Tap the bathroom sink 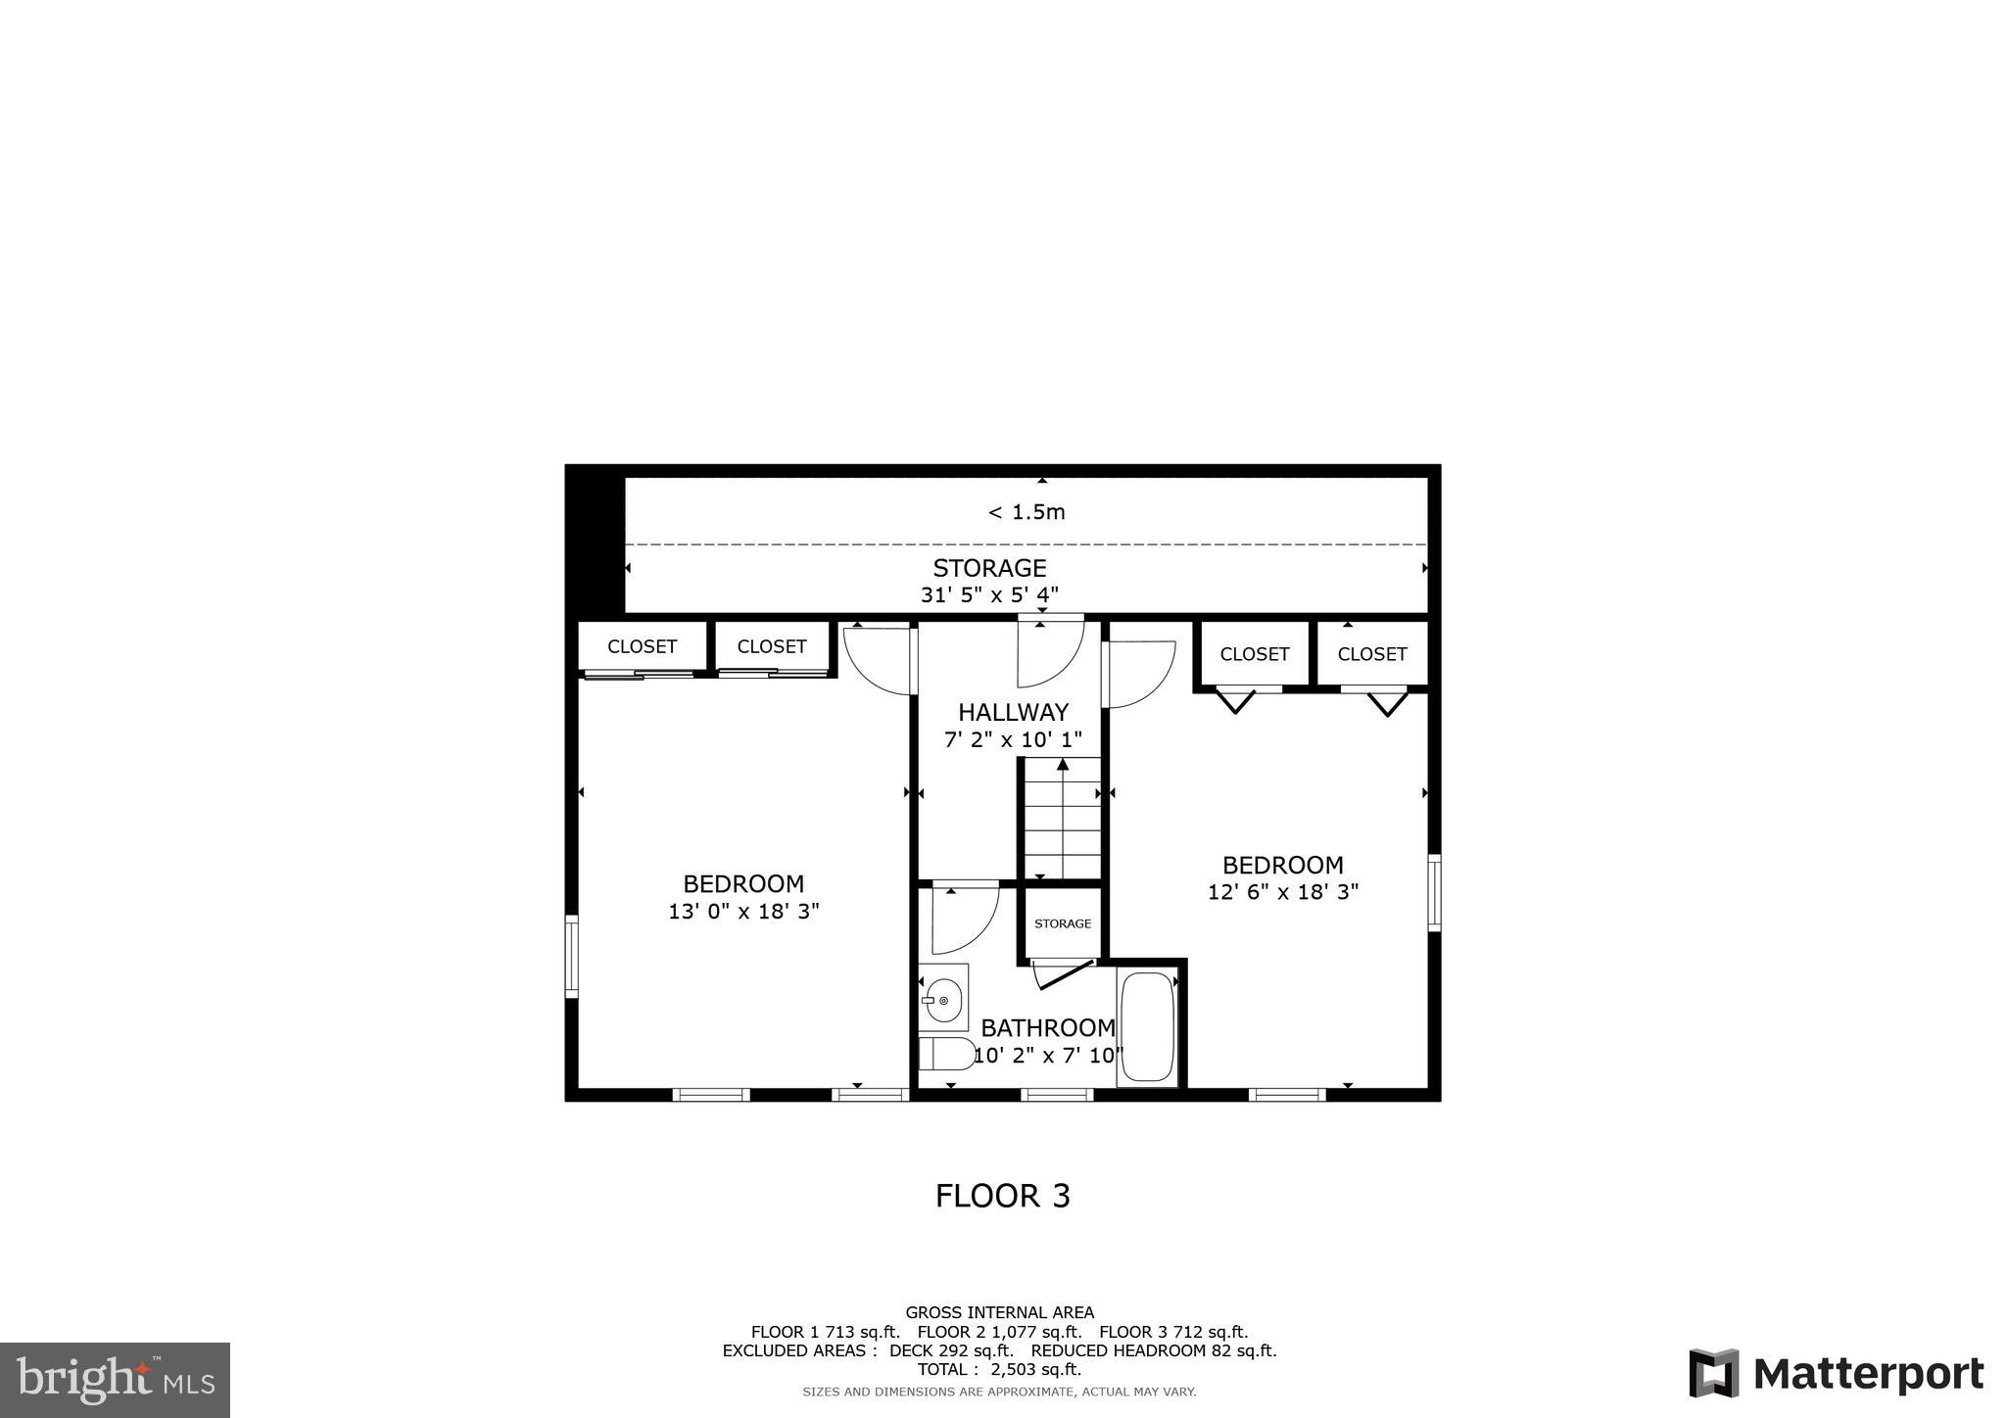pyautogui.click(x=942, y=999)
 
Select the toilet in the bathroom pyautogui.click(x=945, y=1054)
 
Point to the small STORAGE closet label pyautogui.click(x=1063, y=923)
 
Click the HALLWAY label pyautogui.click(x=1013, y=712)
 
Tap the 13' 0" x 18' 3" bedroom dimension pyautogui.click(x=743, y=912)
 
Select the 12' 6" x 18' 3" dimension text pyautogui.click(x=1282, y=892)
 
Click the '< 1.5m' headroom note pyautogui.click(x=1026, y=512)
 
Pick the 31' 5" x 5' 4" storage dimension pyautogui.click(x=989, y=594)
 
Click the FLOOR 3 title pyautogui.click(x=1002, y=1196)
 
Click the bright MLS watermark pyautogui.click(x=116, y=1380)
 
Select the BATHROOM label pyautogui.click(x=1047, y=1028)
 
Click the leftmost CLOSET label pyautogui.click(x=642, y=646)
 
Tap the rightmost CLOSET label pyautogui.click(x=1371, y=654)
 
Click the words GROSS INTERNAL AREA pyautogui.click(x=999, y=1312)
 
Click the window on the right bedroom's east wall pyautogui.click(x=1434, y=891)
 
